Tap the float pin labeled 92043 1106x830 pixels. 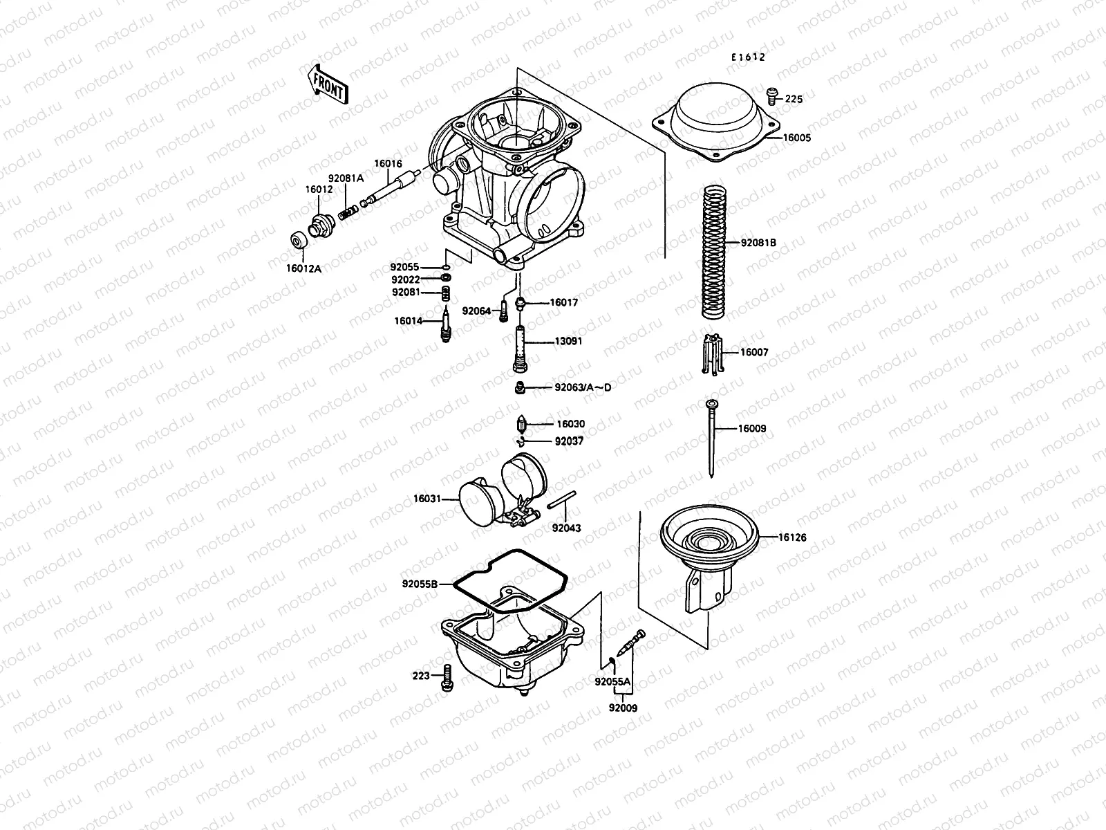click(x=561, y=501)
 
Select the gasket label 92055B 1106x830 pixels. click(x=420, y=584)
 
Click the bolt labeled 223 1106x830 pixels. click(x=446, y=676)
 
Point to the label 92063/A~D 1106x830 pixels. click(x=582, y=387)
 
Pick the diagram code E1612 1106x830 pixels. click(x=749, y=58)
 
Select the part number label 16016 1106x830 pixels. click(x=388, y=164)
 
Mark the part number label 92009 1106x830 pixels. click(x=623, y=708)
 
